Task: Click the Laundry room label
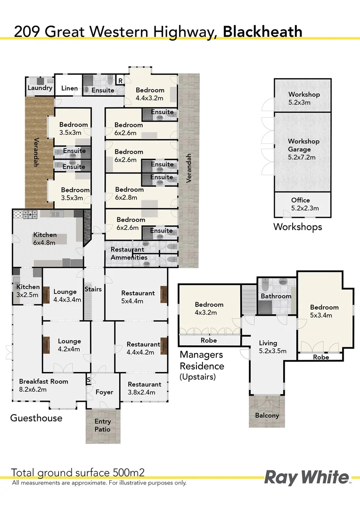(x=40, y=88)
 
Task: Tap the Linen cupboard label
(x=70, y=88)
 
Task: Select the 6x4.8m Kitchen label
(x=45, y=238)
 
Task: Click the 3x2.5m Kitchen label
(x=28, y=290)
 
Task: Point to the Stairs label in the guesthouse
(x=93, y=289)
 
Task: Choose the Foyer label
(x=104, y=392)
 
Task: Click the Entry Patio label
(x=102, y=425)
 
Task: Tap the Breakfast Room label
(x=43, y=385)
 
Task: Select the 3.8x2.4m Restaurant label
(x=144, y=388)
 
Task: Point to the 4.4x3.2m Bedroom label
(x=150, y=94)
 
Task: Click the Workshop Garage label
(x=303, y=149)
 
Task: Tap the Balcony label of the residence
(x=267, y=415)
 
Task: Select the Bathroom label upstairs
(x=276, y=296)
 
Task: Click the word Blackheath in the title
(x=262, y=32)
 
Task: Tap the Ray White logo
(x=307, y=477)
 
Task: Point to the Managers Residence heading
(x=202, y=361)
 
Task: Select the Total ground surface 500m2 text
(x=77, y=473)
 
